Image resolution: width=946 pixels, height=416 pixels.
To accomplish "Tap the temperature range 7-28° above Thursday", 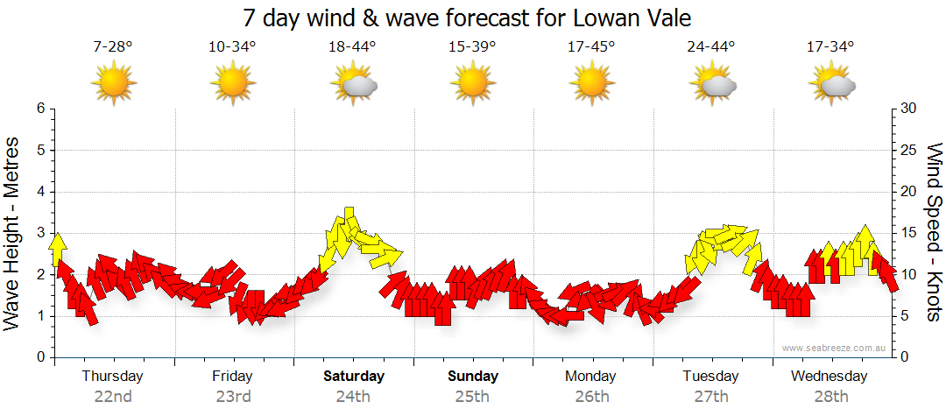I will coord(113,47).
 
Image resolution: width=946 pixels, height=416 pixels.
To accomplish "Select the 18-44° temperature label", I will coord(352,47).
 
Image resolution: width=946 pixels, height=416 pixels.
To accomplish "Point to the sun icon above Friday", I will coord(233,85).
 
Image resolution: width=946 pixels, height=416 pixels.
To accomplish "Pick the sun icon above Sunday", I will coord(472,85).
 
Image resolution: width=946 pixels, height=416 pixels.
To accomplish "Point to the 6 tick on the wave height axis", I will coord(39,109).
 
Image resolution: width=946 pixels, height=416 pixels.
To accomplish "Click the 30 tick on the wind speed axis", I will coord(909,109).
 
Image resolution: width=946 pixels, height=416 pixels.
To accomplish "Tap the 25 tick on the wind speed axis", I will coord(909,150).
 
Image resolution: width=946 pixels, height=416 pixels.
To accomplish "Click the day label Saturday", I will coord(353,377).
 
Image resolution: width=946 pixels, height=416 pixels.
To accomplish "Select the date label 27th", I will coord(710,397).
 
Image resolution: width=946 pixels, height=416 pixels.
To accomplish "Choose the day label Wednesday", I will coord(829,377).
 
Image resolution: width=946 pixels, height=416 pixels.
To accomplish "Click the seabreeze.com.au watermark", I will coord(834,349).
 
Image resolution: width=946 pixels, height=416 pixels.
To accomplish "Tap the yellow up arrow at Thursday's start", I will coord(59,250).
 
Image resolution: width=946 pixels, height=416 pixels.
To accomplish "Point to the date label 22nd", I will coord(113,397).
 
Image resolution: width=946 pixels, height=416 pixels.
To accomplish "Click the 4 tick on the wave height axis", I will coord(39,192).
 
